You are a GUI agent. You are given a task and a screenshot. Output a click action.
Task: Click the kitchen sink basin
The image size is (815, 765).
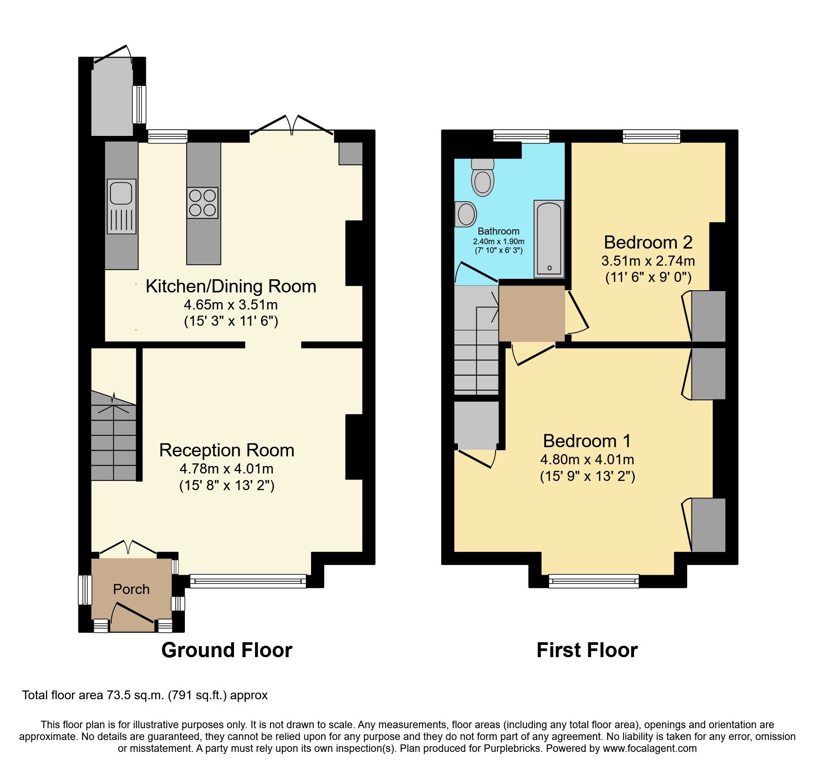tap(121, 193)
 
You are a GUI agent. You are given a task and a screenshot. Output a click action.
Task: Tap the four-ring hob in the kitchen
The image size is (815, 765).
tap(202, 203)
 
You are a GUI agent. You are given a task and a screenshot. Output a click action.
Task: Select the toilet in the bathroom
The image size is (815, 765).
tap(482, 179)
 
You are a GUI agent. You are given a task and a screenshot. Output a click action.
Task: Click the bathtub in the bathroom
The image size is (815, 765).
tap(549, 239)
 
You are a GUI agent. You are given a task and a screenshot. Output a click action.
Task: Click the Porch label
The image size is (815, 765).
tap(131, 589)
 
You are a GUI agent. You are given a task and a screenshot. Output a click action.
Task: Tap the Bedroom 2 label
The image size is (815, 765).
tap(648, 242)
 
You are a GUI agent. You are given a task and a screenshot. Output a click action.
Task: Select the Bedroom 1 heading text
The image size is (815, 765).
tap(587, 441)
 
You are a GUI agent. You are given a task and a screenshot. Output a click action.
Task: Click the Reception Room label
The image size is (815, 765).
tap(227, 450)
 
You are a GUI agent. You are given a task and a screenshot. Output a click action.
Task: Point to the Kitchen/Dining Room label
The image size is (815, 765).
tap(231, 286)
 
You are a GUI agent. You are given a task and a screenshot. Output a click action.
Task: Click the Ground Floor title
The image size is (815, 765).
tap(227, 650)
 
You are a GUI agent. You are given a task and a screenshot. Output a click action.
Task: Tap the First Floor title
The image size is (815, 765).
tap(587, 650)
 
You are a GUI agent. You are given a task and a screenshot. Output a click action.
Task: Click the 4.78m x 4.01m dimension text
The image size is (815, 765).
tap(227, 469)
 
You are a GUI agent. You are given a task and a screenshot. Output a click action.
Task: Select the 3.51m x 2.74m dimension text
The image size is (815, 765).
tap(648, 261)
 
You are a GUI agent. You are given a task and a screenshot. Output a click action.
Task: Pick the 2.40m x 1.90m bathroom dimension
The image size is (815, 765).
tap(499, 242)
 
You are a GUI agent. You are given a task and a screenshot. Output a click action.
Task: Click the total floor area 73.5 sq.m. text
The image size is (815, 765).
tap(145, 695)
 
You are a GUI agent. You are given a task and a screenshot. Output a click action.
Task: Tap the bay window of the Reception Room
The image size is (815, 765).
tap(248, 581)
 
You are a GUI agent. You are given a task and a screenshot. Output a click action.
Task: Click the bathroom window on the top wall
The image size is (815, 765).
tap(521, 136)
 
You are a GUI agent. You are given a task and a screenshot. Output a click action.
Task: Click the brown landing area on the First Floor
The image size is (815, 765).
tap(532, 313)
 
